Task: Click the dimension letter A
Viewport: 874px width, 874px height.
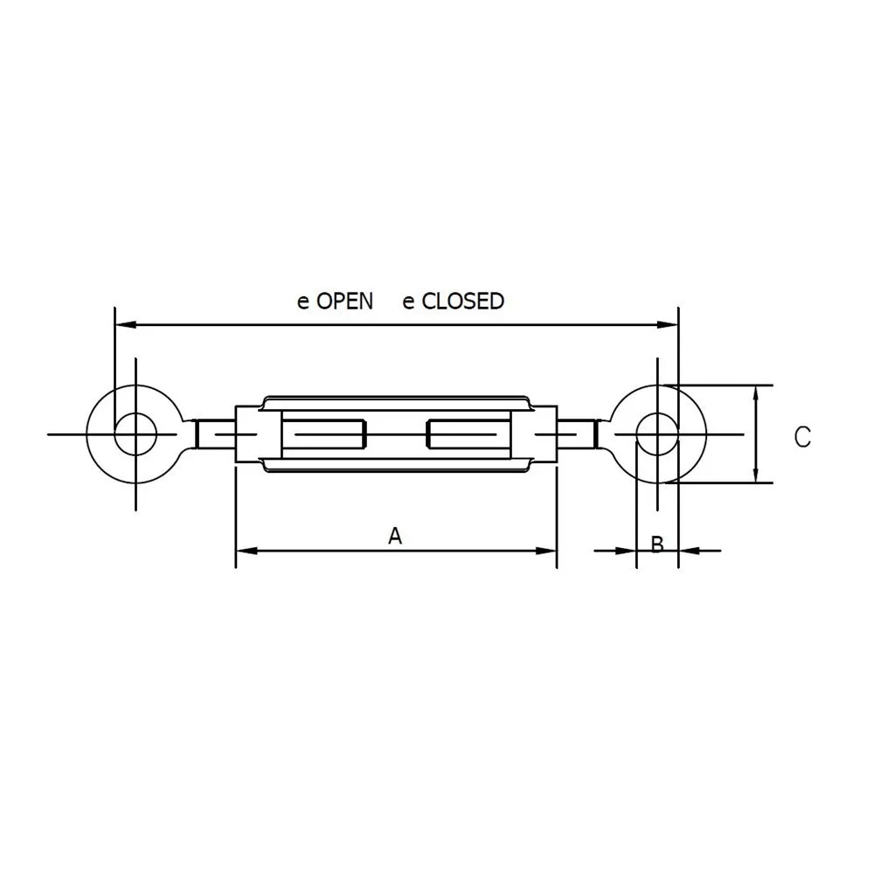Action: coord(395,535)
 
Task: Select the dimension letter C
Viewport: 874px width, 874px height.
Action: coord(802,436)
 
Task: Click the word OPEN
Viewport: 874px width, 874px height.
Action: coord(344,302)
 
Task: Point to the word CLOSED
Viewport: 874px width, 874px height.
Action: coord(463,302)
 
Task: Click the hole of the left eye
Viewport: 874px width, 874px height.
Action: coord(135,433)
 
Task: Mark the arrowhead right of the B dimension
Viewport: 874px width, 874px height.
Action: coord(689,551)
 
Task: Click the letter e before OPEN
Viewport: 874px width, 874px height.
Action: coord(303,302)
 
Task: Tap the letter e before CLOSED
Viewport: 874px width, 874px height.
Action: coord(408,302)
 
